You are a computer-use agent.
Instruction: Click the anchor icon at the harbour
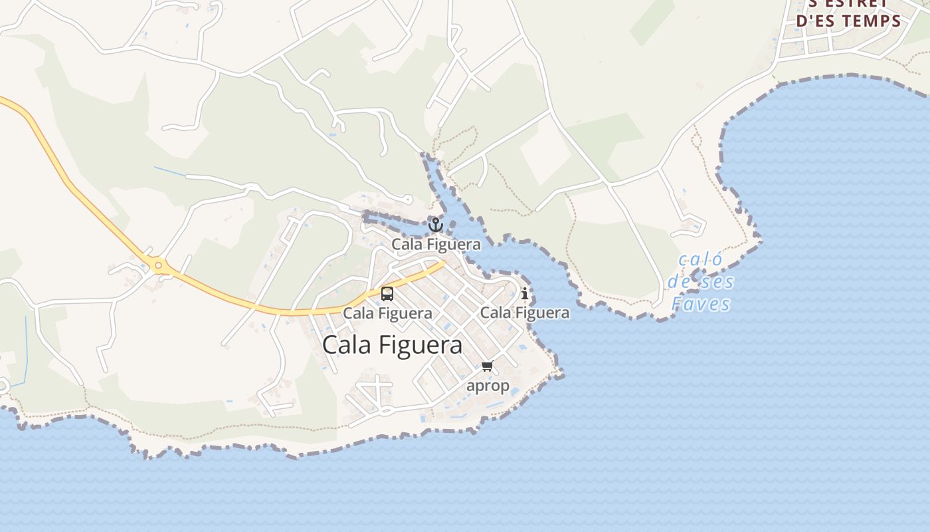click(435, 225)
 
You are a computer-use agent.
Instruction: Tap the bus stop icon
click(387, 293)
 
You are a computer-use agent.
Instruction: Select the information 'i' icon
click(525, 293)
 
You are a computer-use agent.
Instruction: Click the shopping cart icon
click(488, 366)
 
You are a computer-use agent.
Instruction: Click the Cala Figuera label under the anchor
click(436, 244)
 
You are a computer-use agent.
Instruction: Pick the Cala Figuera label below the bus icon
click(387, 313)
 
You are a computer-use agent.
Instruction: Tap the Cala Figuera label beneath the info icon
click(525, 313)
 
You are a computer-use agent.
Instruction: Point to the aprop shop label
click(488, 386)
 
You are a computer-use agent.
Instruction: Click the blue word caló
click(701, 260)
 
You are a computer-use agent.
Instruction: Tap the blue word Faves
click(701, 305)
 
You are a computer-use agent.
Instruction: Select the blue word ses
click(716, 282)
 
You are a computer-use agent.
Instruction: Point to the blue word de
click(680, 282)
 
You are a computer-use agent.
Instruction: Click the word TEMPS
click(870, 21)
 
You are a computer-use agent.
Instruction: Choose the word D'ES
click(815, 21)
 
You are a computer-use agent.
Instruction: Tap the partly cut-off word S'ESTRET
click(848, 3)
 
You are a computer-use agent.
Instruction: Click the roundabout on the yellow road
click(158, 265)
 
